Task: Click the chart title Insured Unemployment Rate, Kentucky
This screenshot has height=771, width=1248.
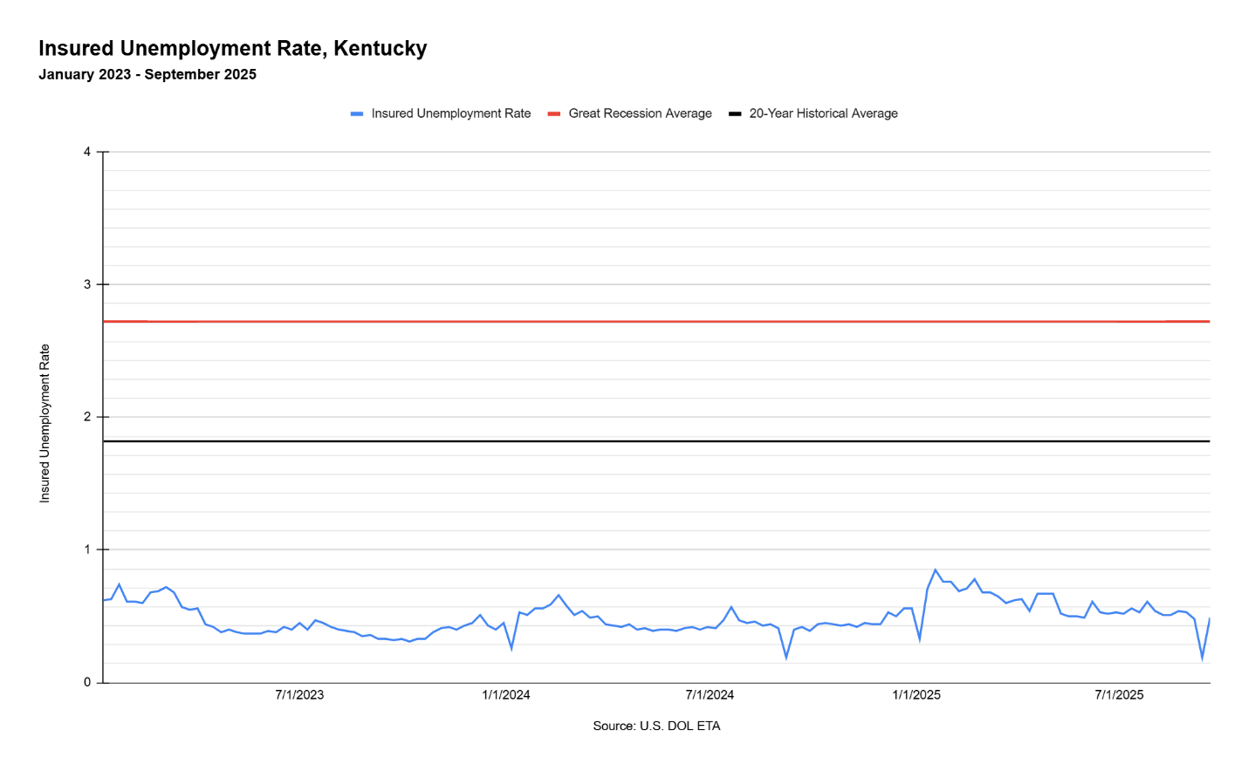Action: point(233,48)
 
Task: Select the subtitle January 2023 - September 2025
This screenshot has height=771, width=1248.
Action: point(147,74)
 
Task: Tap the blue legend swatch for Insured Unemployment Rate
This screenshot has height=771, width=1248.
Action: point(357,113)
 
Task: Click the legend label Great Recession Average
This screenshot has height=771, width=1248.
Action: point(640,113)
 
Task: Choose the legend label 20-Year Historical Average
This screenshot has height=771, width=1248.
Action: point(823,113)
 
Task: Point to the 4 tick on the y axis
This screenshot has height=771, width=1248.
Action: point(87,152)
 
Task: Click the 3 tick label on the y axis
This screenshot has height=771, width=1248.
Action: point(87,284)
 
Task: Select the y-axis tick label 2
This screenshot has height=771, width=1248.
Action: point(87,417)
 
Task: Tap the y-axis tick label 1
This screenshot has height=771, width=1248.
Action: point(87,549)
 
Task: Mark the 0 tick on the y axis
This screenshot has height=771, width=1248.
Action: point(87,682)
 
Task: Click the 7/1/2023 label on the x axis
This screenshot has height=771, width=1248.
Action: point(299,695)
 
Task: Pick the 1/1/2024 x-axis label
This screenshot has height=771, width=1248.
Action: point(506,695)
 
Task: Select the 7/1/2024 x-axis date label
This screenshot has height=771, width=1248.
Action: point(710,695)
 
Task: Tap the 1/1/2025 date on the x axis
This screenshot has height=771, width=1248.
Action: point(916,695)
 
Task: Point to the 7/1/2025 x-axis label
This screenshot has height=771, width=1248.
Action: point(1120,695)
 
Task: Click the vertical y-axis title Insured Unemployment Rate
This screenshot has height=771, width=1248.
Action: point(45,423)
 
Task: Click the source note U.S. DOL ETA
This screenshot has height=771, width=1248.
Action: point(656,726)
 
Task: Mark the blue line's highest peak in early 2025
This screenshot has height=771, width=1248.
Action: point(936,570)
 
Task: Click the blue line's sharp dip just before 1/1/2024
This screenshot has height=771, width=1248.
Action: point(511,649)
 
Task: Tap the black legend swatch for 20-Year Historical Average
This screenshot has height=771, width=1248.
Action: point(735,113)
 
